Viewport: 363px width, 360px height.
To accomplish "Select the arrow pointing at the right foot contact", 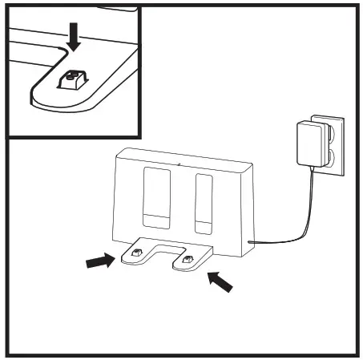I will coord(220,280).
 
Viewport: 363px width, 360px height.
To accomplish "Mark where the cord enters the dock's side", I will coord(251,241).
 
